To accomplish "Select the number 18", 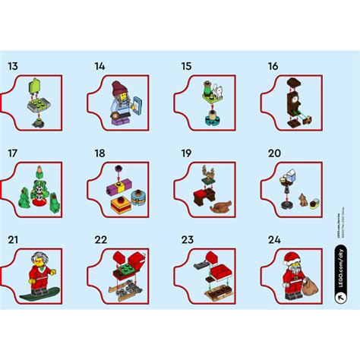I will (x=99, y=153).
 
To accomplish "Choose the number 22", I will (x=100, y=239).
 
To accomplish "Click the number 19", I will (x=185, y=153).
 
